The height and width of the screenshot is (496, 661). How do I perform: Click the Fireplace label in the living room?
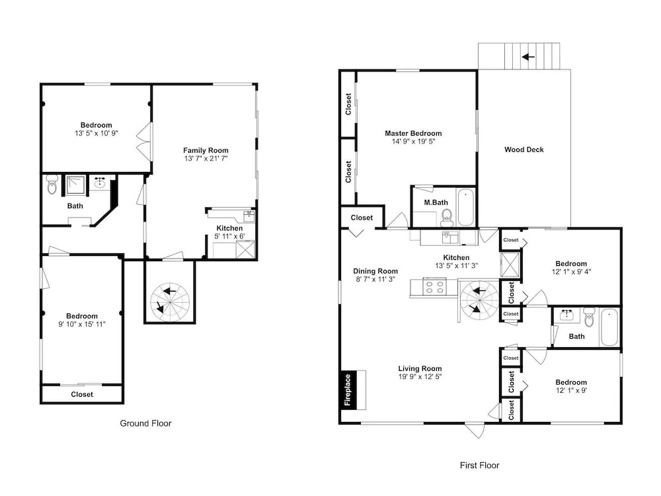point(348,390)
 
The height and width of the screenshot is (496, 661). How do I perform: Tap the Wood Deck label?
point(524,149)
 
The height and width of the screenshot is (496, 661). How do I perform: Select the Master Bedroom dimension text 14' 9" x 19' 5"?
point(413,142)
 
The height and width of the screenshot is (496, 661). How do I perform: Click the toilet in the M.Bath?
point(447,217)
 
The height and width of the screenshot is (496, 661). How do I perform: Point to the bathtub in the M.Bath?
point(466,208)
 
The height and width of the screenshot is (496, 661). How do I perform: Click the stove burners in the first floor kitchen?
point(435,288)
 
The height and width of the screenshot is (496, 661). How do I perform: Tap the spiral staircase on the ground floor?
point(170,302)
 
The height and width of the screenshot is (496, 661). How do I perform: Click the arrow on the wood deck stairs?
point(528,56)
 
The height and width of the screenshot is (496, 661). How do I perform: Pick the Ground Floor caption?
point(145,423)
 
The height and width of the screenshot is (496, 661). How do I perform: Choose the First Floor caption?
point(479,465)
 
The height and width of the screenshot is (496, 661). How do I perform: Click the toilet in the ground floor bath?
point(52,185)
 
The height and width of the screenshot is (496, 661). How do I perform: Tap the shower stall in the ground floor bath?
point(75,186)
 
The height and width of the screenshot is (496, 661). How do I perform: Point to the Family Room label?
point(206,150)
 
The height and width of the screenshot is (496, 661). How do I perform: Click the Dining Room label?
point(375,271)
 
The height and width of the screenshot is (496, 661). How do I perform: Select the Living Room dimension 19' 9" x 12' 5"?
point(420,377)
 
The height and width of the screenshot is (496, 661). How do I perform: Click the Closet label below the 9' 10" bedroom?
point(82,394)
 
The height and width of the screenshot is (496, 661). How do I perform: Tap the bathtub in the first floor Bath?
point(609,327)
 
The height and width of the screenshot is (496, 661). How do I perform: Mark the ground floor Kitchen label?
point(229,228)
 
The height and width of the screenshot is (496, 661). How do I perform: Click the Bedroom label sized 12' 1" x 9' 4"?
point(571,264)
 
